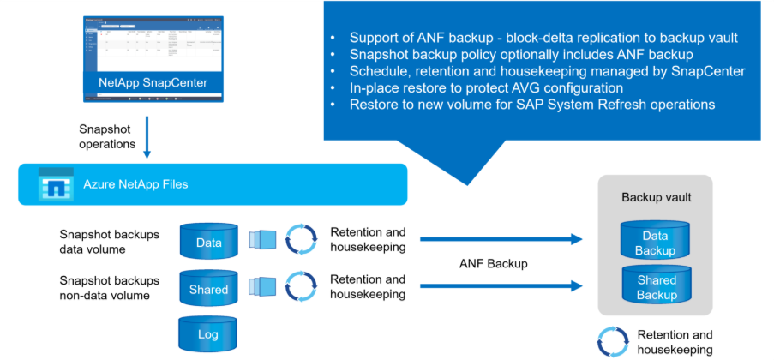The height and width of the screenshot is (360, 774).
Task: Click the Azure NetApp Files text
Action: point(135,184)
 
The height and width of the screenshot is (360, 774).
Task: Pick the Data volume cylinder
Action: point(208,242)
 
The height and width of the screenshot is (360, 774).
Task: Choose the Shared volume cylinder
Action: point(208,289)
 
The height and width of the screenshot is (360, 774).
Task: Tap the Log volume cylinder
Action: point(208,333)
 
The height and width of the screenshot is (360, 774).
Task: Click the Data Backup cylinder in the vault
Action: point(657,243)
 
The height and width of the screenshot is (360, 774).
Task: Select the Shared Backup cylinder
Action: point(657,287)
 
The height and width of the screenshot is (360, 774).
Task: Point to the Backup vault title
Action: point(657,197)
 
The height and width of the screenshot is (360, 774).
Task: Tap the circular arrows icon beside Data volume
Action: point(300,241)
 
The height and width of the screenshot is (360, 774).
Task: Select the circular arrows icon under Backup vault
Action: point(614,341)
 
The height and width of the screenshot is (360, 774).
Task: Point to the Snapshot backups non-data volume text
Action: point(109,288)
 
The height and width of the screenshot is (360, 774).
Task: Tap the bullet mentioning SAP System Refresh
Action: point(531,105)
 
